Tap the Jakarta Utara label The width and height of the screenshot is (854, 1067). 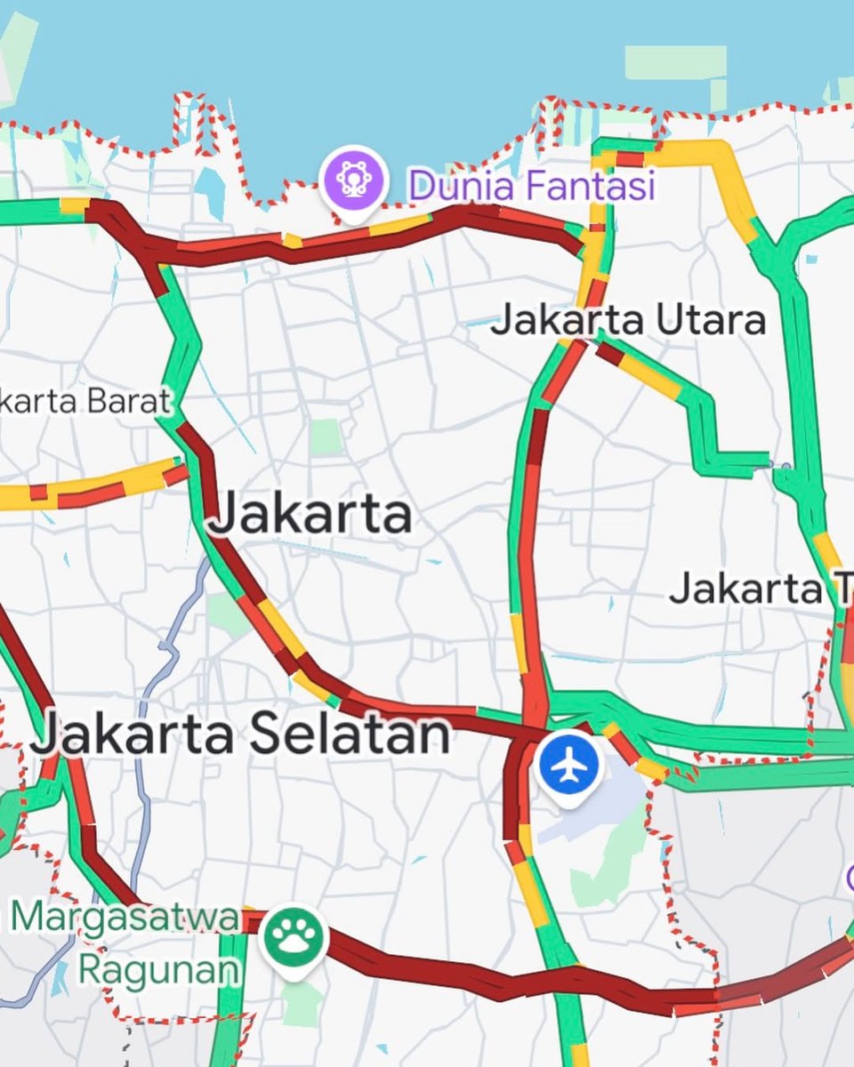628,320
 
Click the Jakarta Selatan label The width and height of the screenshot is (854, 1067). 240,735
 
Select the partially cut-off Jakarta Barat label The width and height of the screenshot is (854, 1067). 85,401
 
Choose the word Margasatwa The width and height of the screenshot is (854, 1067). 126,918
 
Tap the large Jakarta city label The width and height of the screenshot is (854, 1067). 311,514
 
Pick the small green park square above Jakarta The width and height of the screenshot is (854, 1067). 326,437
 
